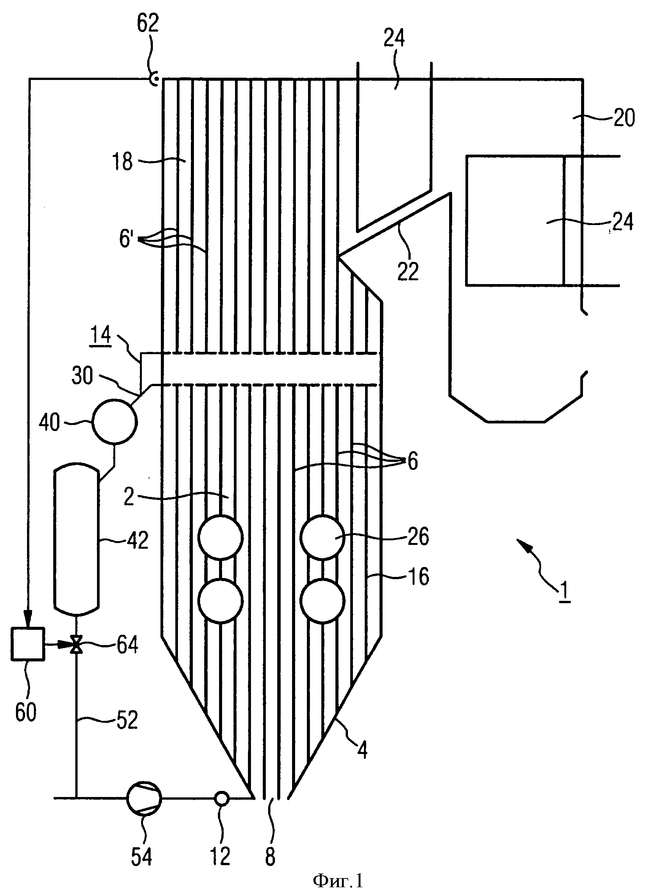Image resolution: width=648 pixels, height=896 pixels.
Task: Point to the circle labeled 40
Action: (x=114, y=422)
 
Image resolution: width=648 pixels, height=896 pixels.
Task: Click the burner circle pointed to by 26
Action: (x=322, y=537)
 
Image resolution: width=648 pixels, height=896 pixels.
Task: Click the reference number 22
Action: (x=408, y=272)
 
